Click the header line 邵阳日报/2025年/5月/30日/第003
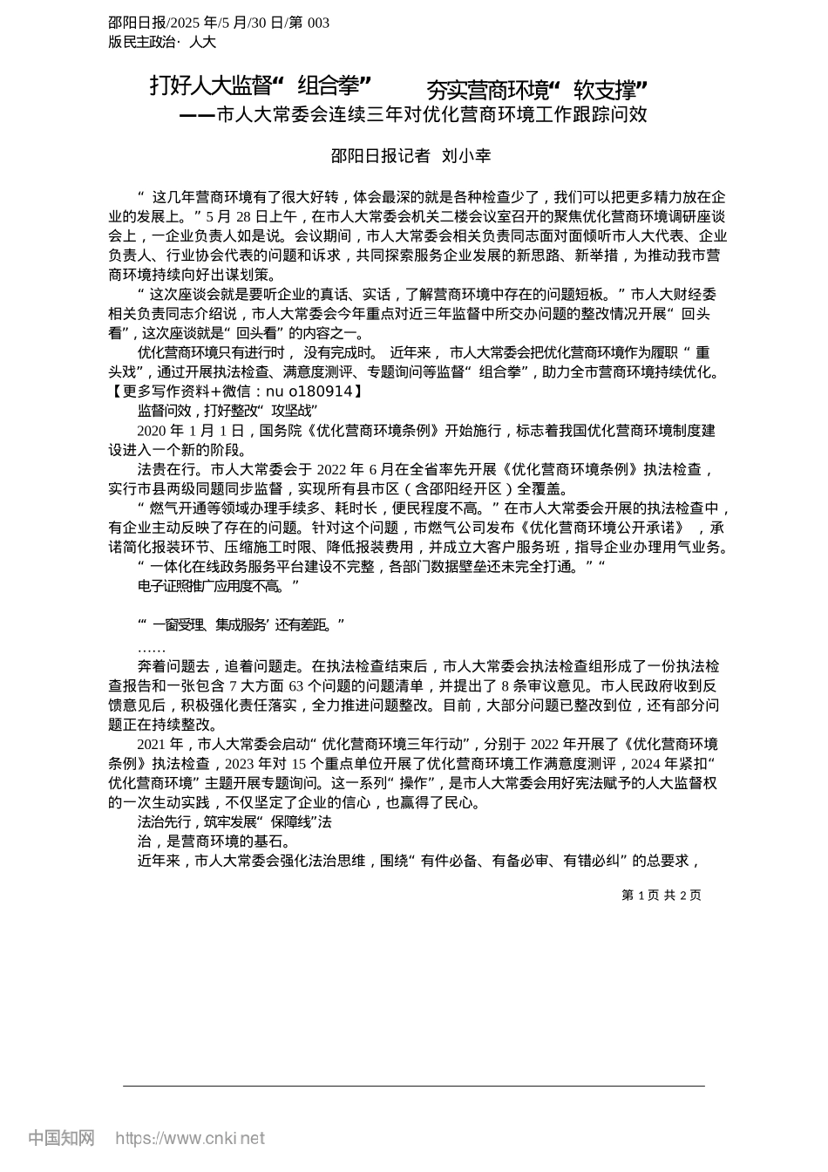tap(219, 23)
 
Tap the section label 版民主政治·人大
tap(162, 42)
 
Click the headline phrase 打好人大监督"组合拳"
tap(261, 86)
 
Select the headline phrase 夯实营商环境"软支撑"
tap(536, 90)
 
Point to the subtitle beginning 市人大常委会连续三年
tap(431, 114)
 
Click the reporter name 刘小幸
tap(466, 156)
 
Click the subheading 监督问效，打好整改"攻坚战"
tap(227, 411)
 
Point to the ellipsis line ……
tap(151, 649)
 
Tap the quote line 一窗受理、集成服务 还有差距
tap(241, 624)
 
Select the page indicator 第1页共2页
tap(662, 895)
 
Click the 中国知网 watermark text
tap(61, 1138)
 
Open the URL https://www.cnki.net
tap(190, 1138)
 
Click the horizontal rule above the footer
tap(414, 1086)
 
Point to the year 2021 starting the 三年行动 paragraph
tap(152, 745)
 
